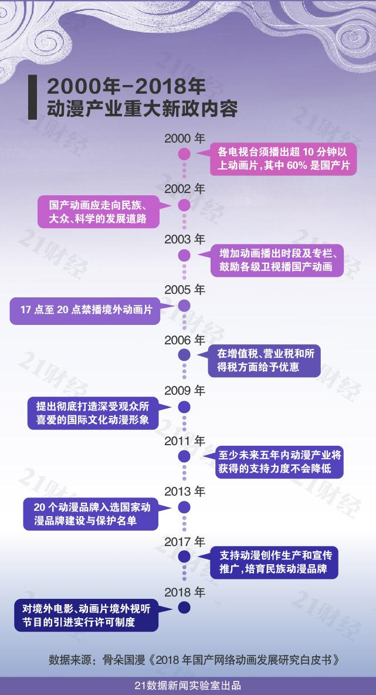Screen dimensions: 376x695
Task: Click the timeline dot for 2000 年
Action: point(184,155)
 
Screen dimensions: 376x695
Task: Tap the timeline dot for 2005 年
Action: point(184,305)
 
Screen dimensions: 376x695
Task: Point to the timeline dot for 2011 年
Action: point(184,456)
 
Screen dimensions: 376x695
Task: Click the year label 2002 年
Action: point(184,189)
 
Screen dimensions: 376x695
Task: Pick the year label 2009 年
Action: point(184,390)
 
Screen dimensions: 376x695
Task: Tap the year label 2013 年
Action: point(184,490)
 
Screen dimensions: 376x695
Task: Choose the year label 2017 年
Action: point(184,541)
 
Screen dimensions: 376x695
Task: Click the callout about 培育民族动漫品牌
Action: point(276,562)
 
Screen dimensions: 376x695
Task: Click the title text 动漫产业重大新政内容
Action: point(134,109)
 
